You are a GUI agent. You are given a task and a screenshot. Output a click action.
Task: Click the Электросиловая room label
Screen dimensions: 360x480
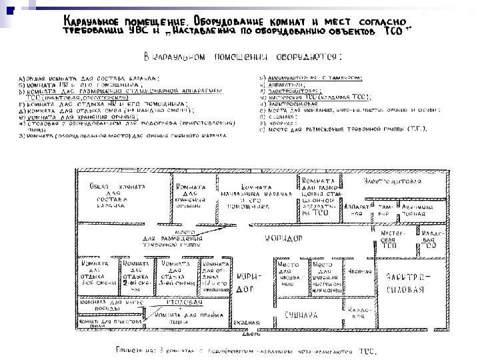point(406,283)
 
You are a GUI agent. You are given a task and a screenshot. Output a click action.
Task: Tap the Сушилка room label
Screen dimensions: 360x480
point(299,315)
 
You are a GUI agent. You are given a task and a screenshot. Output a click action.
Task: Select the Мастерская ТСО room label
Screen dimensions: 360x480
point(389,238)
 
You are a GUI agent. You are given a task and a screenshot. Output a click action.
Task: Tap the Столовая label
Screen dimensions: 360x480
point(181,302)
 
